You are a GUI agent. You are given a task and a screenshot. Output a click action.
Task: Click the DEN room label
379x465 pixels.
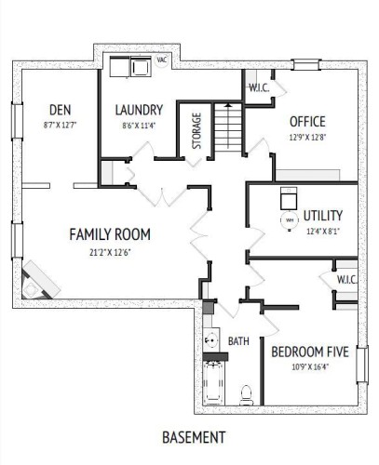tap(59, 108)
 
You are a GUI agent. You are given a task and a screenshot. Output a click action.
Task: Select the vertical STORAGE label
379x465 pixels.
tap(196, 131)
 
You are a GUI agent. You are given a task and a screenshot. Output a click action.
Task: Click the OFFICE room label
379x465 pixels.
tap(307, 122)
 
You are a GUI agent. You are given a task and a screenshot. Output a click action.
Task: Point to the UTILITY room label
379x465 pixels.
tap(323, 216)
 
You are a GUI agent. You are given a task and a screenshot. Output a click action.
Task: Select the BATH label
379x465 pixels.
tap(239, 341)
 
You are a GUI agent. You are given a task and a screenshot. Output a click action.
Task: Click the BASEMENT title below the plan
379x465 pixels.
tap(195, 436)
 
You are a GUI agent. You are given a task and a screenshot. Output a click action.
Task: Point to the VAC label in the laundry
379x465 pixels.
tap(161, 60)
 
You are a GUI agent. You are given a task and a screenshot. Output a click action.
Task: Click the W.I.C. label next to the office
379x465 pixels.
tap(258, 88)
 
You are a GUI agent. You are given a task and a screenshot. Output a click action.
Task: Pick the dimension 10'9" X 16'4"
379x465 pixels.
tap(310, 366)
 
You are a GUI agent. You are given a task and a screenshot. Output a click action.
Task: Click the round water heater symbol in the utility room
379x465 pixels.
tap(289, 219)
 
